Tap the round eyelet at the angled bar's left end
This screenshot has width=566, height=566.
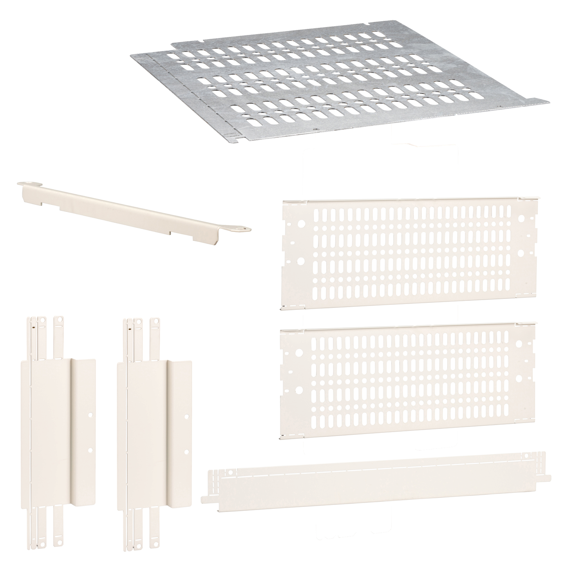coord(27,183)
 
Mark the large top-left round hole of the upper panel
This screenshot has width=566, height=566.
coord(302,224)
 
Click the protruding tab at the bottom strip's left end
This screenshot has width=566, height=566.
coord(205,498)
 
